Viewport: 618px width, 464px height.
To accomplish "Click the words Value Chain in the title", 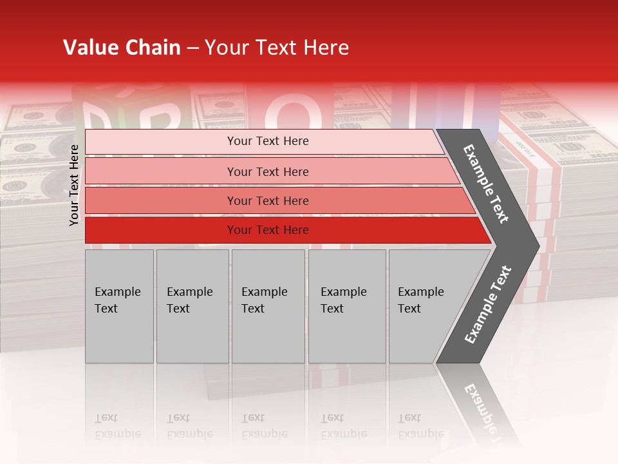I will (122, 48).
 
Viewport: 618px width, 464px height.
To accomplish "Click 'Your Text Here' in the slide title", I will (277, 48).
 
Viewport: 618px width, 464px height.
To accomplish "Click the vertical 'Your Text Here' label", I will (74, 185).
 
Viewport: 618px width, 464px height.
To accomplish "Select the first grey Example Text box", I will (119, 306).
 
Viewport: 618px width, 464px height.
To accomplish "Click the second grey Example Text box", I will (192, 306).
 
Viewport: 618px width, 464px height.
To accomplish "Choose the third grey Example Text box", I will (268, 306).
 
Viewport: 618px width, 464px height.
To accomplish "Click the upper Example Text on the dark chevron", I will (487, 183).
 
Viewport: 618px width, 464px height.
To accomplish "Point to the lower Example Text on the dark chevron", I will (488, 304).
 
